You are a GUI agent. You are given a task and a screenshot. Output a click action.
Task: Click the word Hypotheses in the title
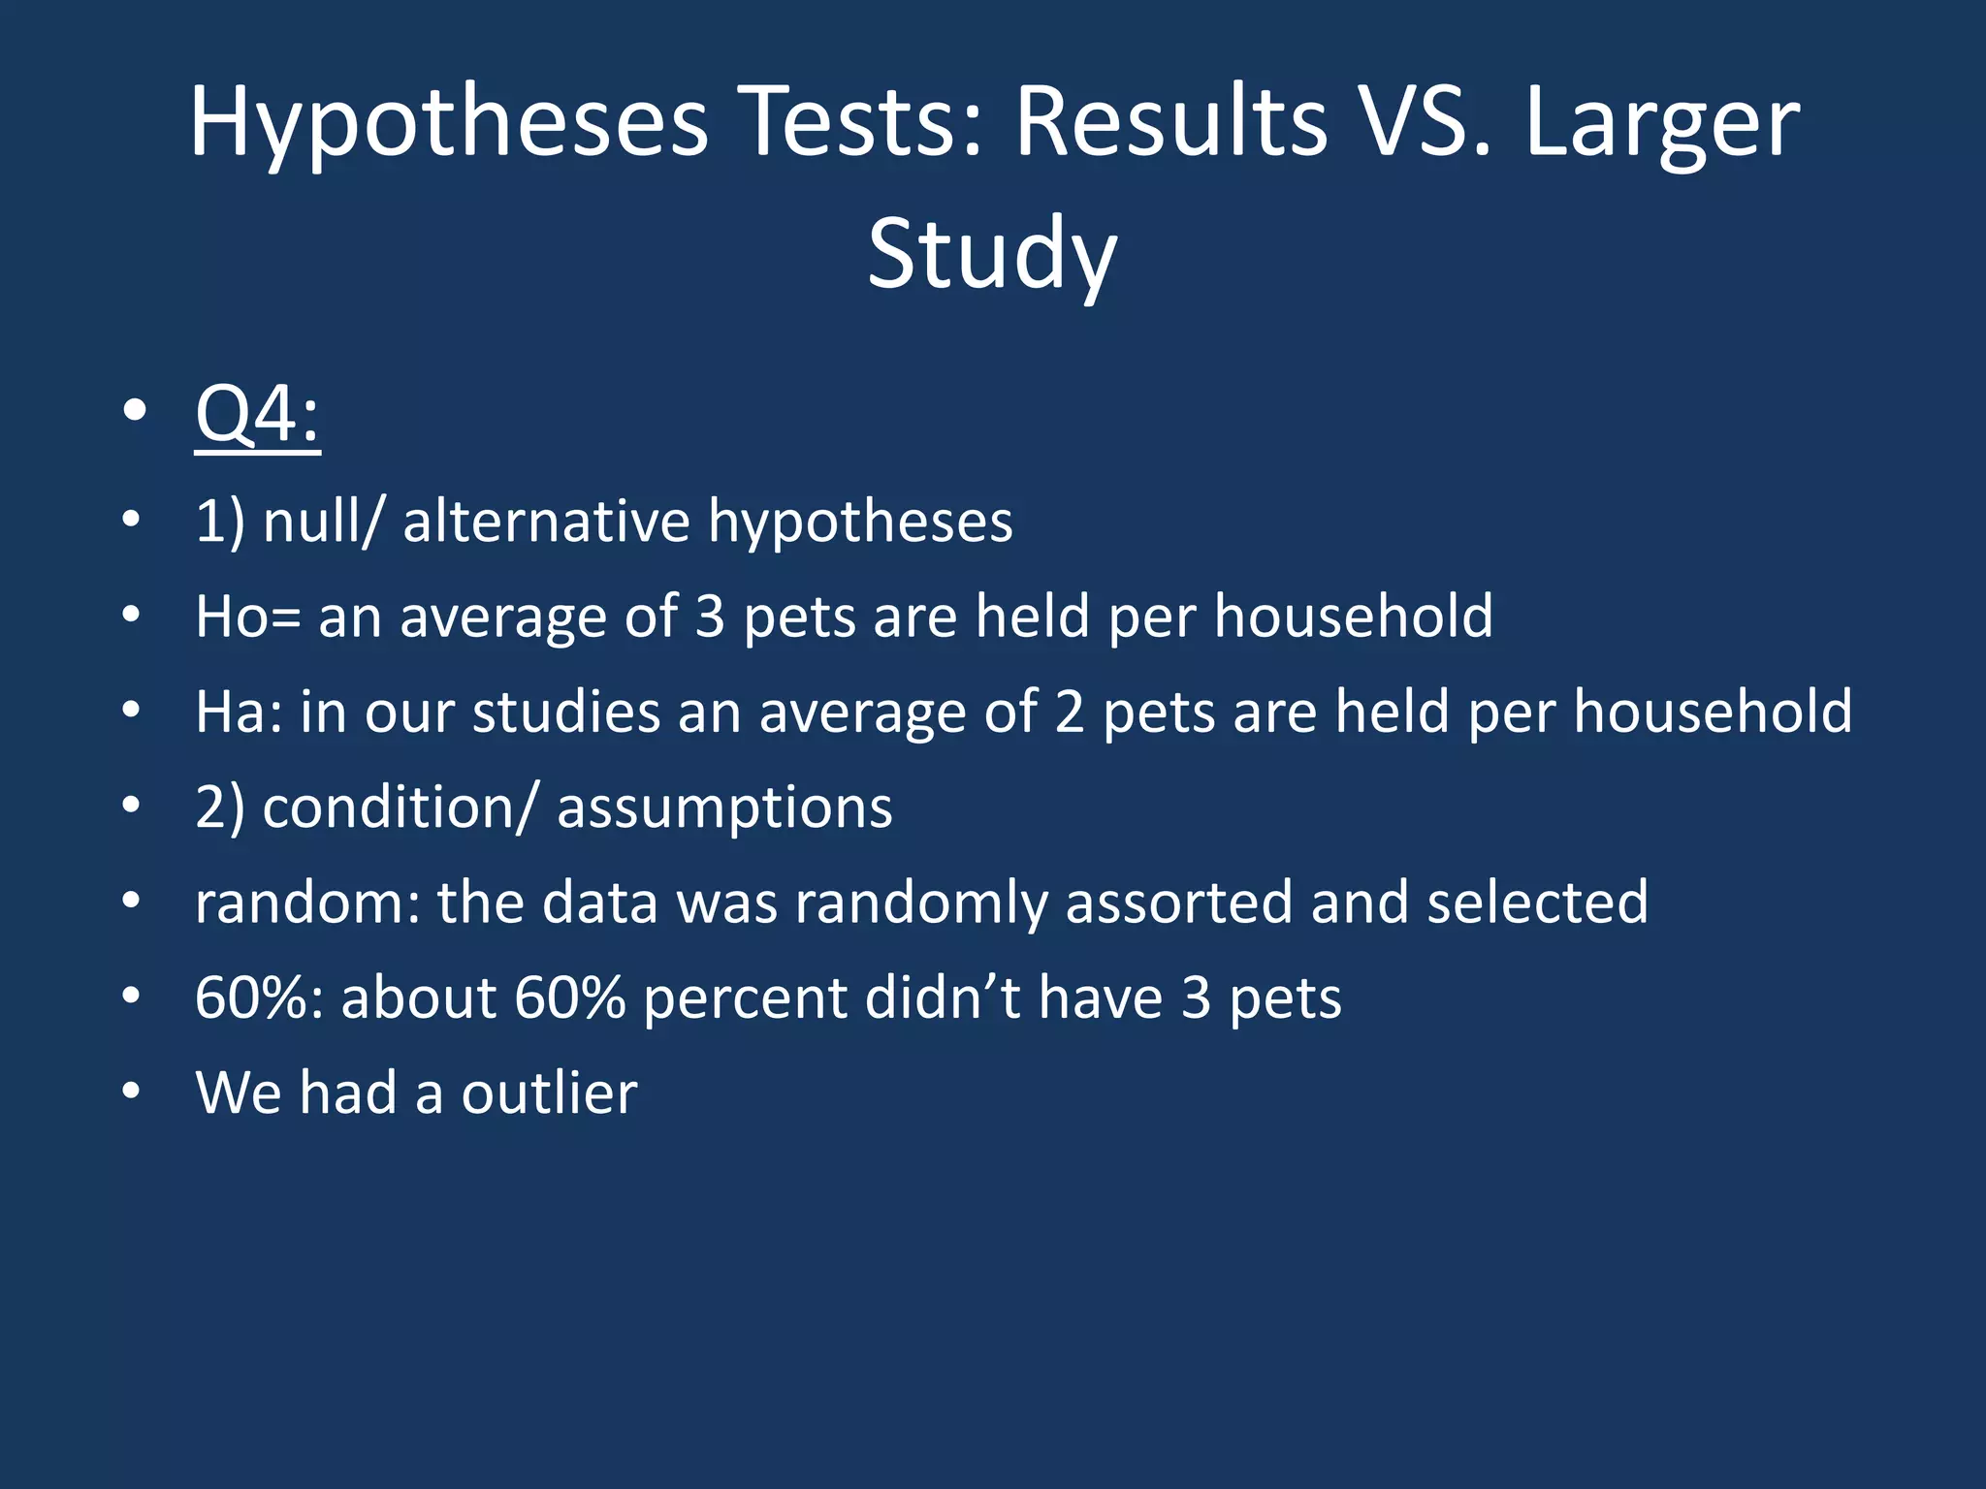coord(448,124)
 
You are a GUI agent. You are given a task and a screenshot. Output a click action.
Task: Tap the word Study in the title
coord(991,254)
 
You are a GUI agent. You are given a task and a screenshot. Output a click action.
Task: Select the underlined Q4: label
coord(257,415)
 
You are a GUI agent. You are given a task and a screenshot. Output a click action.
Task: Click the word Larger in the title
coord(1662,124)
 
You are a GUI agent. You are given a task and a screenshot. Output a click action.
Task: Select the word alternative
coord(546,522)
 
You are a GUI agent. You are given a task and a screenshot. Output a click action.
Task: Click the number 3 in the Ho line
coord(710,617)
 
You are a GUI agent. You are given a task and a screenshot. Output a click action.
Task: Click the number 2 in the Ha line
coord(1069,712)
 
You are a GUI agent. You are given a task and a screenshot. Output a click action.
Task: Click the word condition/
coord(399,807)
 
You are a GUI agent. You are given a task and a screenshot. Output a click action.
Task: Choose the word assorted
coord(1179,903)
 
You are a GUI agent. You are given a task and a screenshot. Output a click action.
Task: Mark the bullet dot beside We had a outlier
coord(132,1092)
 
